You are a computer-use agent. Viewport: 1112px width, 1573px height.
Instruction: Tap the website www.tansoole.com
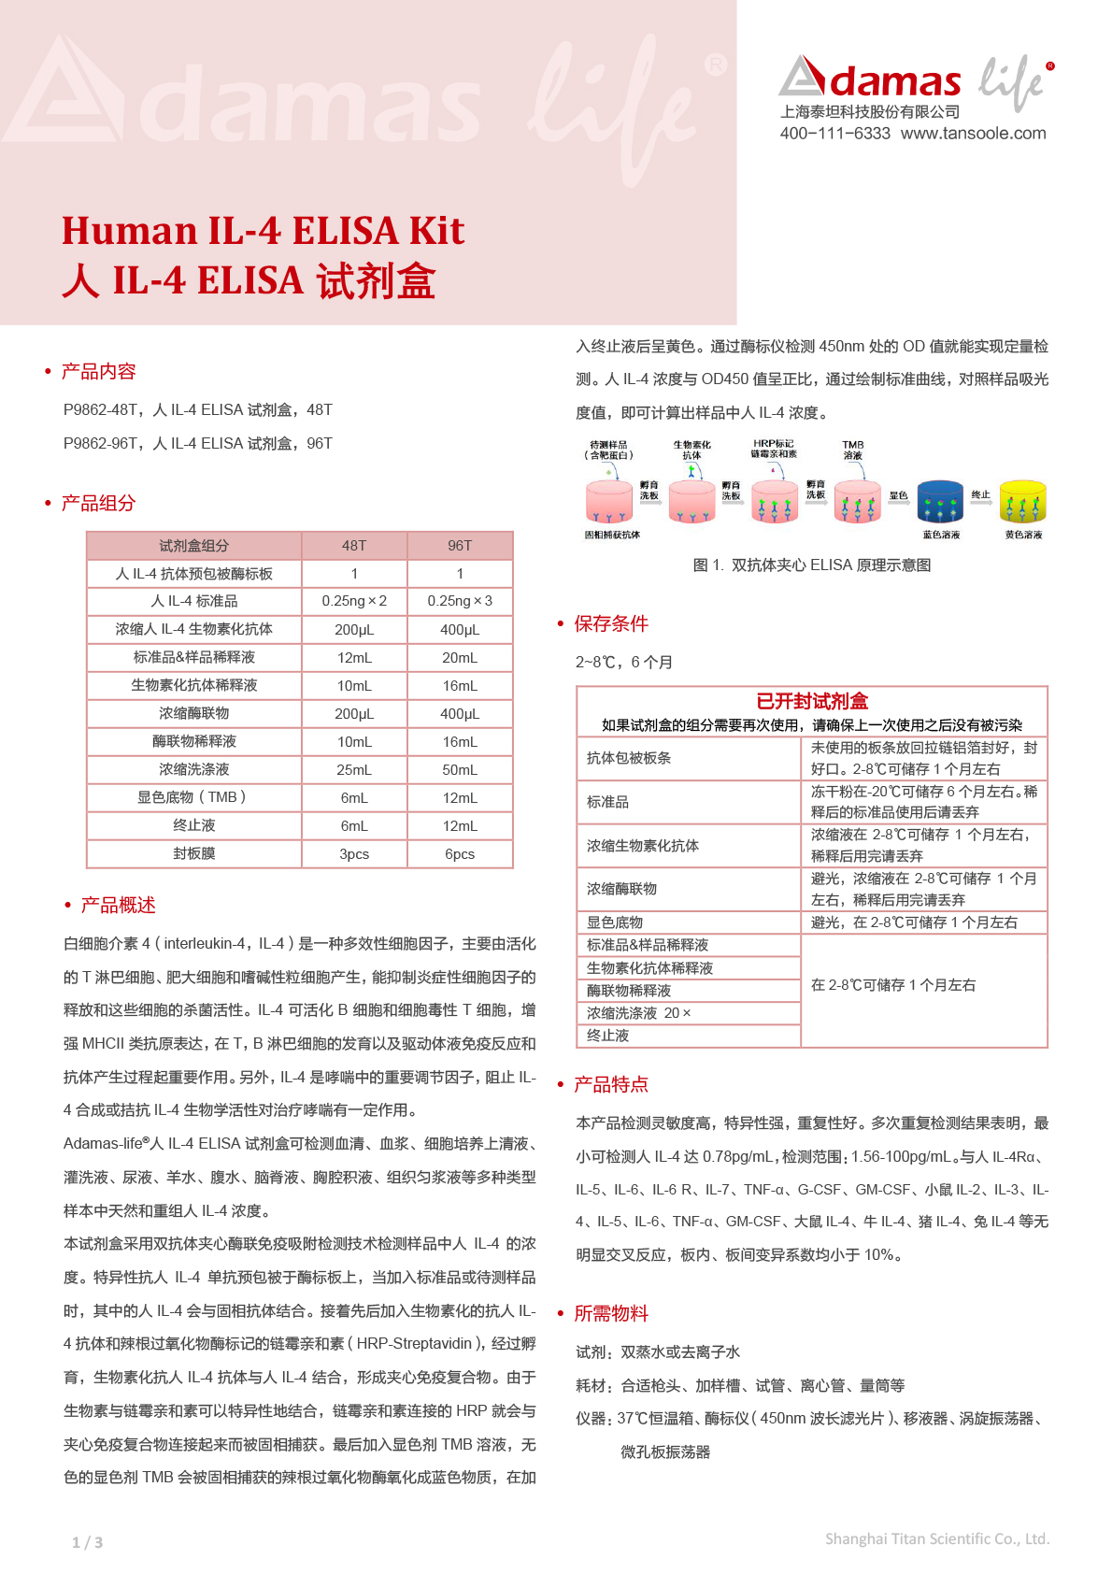point(973,134)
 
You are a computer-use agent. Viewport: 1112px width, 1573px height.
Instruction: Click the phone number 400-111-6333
point(834,134)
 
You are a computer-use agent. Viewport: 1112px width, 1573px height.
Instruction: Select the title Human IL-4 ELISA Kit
point(263,231)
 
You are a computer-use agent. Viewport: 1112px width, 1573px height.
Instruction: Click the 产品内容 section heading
point(98,372)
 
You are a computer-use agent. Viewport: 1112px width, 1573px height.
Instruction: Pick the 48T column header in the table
point(354,546)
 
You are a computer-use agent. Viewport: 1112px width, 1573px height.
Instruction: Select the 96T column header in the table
point(460,546)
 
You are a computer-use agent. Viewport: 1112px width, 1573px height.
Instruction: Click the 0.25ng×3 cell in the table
point(460,601)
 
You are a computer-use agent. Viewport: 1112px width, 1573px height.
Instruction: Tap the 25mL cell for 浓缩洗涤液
point(354,769)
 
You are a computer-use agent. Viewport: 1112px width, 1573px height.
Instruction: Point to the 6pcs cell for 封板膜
point(460,853)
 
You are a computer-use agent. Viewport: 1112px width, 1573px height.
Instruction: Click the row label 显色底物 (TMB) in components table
point(193,797)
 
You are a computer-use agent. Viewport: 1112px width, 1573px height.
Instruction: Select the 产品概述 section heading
point(118,906)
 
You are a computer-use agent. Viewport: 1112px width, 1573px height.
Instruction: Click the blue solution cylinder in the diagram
point(940,502)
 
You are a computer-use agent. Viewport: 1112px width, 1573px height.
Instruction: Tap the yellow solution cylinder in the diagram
point(1022,502)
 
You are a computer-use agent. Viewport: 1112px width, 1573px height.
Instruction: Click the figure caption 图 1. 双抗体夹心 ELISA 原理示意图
point(811,565)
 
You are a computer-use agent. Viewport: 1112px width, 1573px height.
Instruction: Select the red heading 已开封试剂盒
point(812,701)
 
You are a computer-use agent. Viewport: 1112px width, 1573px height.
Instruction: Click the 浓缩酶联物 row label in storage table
point(621,889)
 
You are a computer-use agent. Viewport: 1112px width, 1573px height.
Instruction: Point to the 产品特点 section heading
point(610,1084)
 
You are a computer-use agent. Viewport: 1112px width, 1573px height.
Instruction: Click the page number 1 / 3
point(88,1542)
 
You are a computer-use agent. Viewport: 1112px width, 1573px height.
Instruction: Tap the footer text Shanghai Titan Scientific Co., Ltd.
point(936,1538)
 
